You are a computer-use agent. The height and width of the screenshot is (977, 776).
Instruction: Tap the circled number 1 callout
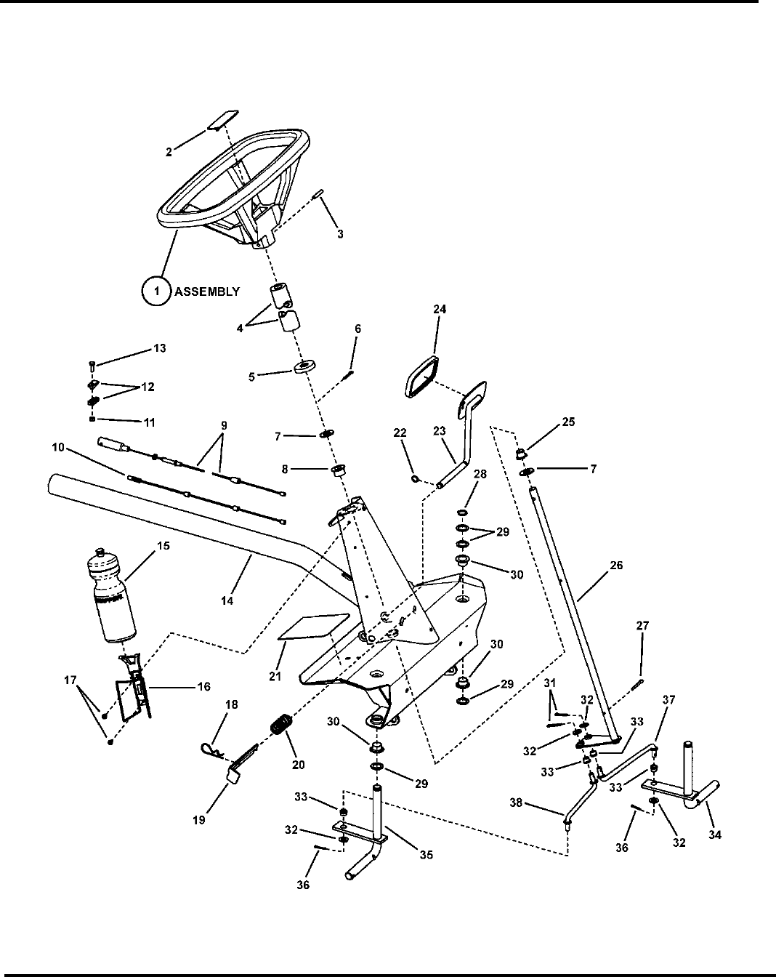pyautogui.click(x=155, y=291)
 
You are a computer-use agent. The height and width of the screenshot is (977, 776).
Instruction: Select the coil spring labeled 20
pyautogui.click(x=279, y=725)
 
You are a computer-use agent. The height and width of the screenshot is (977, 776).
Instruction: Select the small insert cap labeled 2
pyautogui.click(x=222, y=120)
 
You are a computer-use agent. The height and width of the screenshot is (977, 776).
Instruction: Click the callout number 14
pyautogui.click(x=227, y=602)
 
